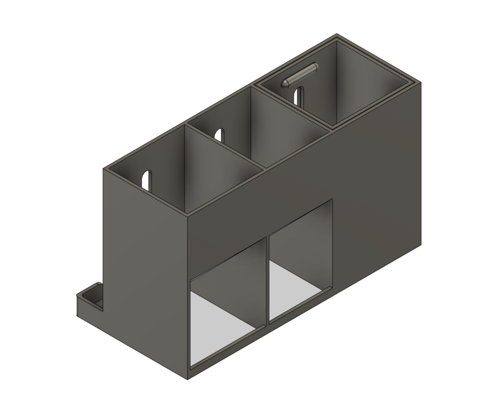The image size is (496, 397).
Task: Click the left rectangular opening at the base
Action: pyautogui.click(x=228, y=301)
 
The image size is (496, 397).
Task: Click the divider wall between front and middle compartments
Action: pyautogui.click(x=225, y=145)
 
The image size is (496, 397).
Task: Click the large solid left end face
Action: pyautogui.click(x=145, y=271)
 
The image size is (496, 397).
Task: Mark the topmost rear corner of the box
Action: pyautogui.click(x=337, y=34)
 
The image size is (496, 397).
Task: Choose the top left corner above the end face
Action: pyautogui.click(x=104, y=168)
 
